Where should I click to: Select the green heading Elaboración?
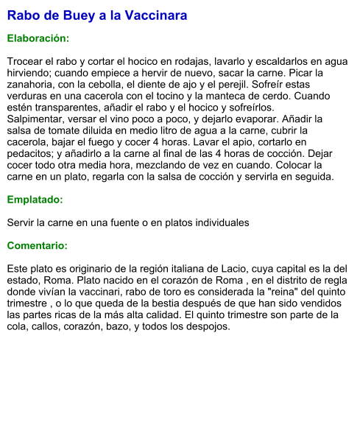click(x=38, y=38)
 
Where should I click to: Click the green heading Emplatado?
click(x=35, y=199)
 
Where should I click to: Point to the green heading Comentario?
click(x=38, y=245)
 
